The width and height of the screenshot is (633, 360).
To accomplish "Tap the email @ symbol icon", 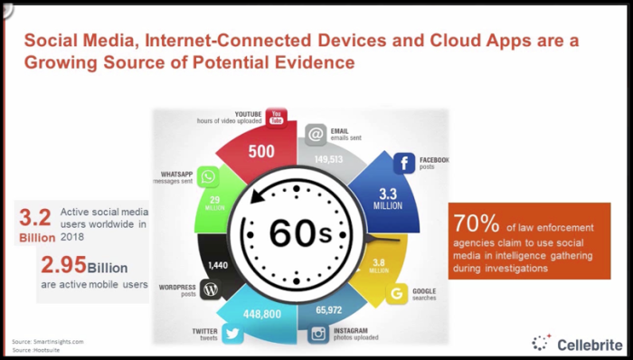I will [315, 136].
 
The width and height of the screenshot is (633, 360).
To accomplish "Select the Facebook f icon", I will [403, 164].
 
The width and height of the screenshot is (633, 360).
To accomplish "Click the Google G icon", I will [395, 292].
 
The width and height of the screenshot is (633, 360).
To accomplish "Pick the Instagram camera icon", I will [318, 334].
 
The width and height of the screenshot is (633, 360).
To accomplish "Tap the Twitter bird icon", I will [231, 334].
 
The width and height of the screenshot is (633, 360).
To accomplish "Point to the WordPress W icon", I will [211, 291].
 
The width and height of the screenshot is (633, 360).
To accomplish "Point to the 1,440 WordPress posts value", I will [219, 265].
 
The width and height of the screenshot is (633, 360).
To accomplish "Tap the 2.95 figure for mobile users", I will [62, 266].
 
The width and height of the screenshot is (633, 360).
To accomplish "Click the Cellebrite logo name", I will [588, 343].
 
